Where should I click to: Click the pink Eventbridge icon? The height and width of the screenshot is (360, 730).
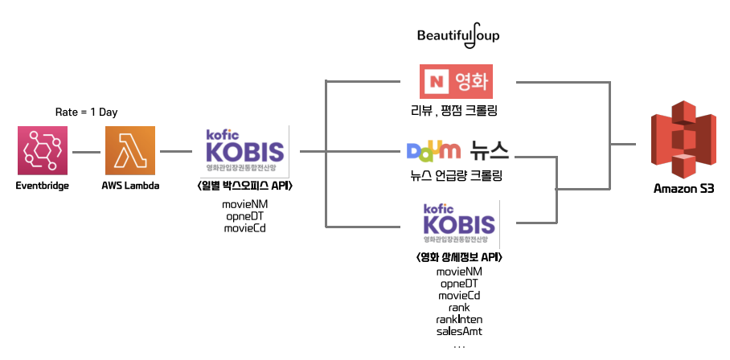coord(42,151)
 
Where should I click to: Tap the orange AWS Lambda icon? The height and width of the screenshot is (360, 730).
coord(130,151)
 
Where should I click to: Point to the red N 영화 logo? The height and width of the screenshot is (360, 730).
coord(456,81)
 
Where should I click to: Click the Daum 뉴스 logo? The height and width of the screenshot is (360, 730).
coord(457,151)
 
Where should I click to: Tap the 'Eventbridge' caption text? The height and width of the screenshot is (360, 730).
coord(43,186)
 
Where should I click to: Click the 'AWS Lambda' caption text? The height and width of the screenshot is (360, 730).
coord(130,186)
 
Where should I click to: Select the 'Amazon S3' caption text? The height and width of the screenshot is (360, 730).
coord(683,189)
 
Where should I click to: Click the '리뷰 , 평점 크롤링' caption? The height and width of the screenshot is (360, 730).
coord(456,110)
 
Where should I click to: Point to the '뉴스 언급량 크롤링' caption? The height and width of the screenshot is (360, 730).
coord(456,175)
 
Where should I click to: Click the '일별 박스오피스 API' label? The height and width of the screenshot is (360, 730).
coord(244,186)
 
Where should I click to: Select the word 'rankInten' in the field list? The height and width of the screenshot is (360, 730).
coord(460,319)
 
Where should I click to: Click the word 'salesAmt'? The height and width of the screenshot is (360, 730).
coord(460,331)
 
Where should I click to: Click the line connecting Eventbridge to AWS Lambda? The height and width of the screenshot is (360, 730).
coord(86,151)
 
